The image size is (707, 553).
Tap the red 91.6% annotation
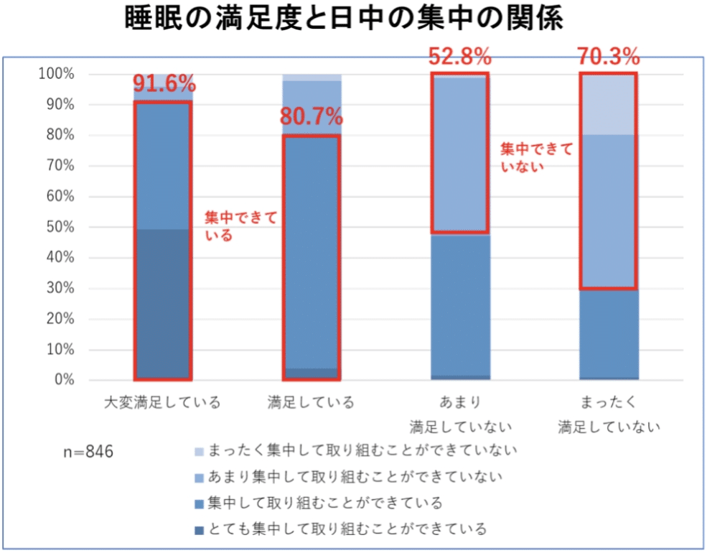pyautogui.click(x=164, y=83)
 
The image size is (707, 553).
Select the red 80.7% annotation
pyautogui.click(x=312, y=116)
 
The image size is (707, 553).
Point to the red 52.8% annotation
pyautogui.click(x=459, y=55)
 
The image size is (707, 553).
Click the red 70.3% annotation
pyautogui.click(x=609, y=55)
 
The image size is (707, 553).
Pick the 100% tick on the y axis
pyautogui.click(x=57, y=74)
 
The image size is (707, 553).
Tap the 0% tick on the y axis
pyautogui.click(x=62, y=380)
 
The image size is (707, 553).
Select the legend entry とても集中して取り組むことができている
pyautogui.click(x=347, y=529)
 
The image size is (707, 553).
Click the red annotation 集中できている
pyautogui.click(x=240, y=226)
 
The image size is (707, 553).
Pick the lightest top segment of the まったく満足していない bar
pyautogui.click(x=609, y=104)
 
